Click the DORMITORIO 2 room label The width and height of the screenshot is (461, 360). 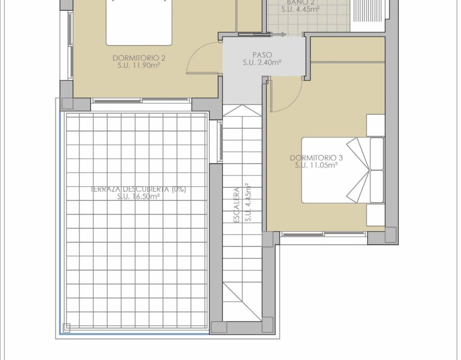[139, 58]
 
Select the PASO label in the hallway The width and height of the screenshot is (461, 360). [262, 55]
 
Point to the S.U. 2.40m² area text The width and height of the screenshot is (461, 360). [262, 62]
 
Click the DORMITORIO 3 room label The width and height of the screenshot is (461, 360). [316, 158]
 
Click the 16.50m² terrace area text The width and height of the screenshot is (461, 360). [146, 197]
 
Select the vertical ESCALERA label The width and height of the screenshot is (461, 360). [237, 205]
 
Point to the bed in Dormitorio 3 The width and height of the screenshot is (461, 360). [343, 170]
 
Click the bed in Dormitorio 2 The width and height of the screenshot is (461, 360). [139, 22]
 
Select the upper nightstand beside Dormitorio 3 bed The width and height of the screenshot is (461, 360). [376, 126]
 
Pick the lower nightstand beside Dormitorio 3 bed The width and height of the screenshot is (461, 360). [376, 215]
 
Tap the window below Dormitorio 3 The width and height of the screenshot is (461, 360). [324, 234]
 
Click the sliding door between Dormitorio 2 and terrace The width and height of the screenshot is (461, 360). [141, 100]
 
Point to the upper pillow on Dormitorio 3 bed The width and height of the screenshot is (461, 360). [377, 154]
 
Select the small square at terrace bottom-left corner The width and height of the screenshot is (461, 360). [67, 328]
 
